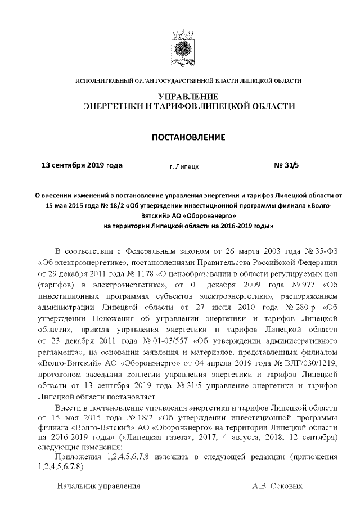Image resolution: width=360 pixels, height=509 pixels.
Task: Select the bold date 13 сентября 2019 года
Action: (82, 165)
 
